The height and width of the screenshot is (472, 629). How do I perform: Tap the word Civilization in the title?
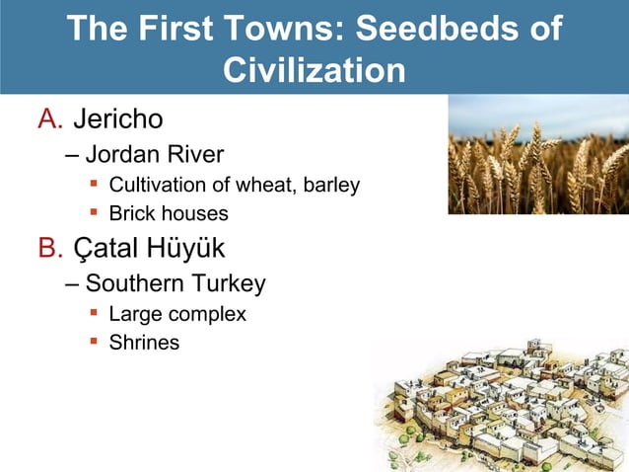pyautogui.click(x=314, y=70)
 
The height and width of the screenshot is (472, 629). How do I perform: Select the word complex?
pyautogui.click(x=206, y=315)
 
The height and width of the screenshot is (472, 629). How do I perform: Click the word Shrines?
pyautogui.click(x=144, y=344)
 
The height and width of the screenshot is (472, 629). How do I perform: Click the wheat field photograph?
pyautogui.click(x=538, y=155)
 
